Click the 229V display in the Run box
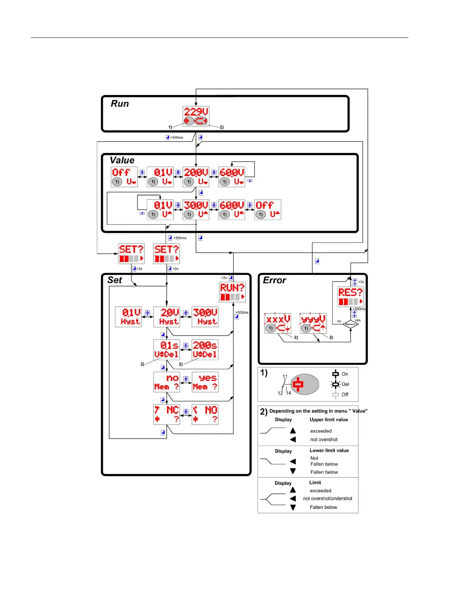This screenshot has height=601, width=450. click(x=196, y=116)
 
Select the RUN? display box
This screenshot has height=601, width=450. click(x=233, y=292)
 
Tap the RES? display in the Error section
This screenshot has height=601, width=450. click(x=351, y=297)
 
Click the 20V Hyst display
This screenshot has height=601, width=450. click(x=167, y=317)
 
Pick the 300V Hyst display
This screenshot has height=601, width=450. click(x=205, y=317)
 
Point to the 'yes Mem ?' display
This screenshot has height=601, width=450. click(x=205, y=382)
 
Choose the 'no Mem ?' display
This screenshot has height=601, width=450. click(x=167, y=382)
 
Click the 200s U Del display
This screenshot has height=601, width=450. click(x=205, y=350)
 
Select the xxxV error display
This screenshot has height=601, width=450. click(x=278, y=323)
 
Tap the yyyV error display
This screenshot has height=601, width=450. click(x=313, y=323)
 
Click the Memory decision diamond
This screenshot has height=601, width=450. click(x=351, y=324)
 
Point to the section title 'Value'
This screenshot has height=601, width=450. click(x=122, y=160)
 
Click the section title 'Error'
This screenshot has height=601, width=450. click(x=275, y=280)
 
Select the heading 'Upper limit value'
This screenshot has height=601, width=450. click(x=329, y=420)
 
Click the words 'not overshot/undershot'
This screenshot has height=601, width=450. click(x=327, y=498)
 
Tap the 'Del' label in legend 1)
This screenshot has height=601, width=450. click(x=345, y=384)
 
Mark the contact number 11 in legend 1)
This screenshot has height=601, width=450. click(x=285, y=376)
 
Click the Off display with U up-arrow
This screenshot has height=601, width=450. click(x=268, y=210)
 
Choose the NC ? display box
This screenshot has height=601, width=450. click(x=167, y=414)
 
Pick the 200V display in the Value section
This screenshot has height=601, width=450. click(x=196, y=177)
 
